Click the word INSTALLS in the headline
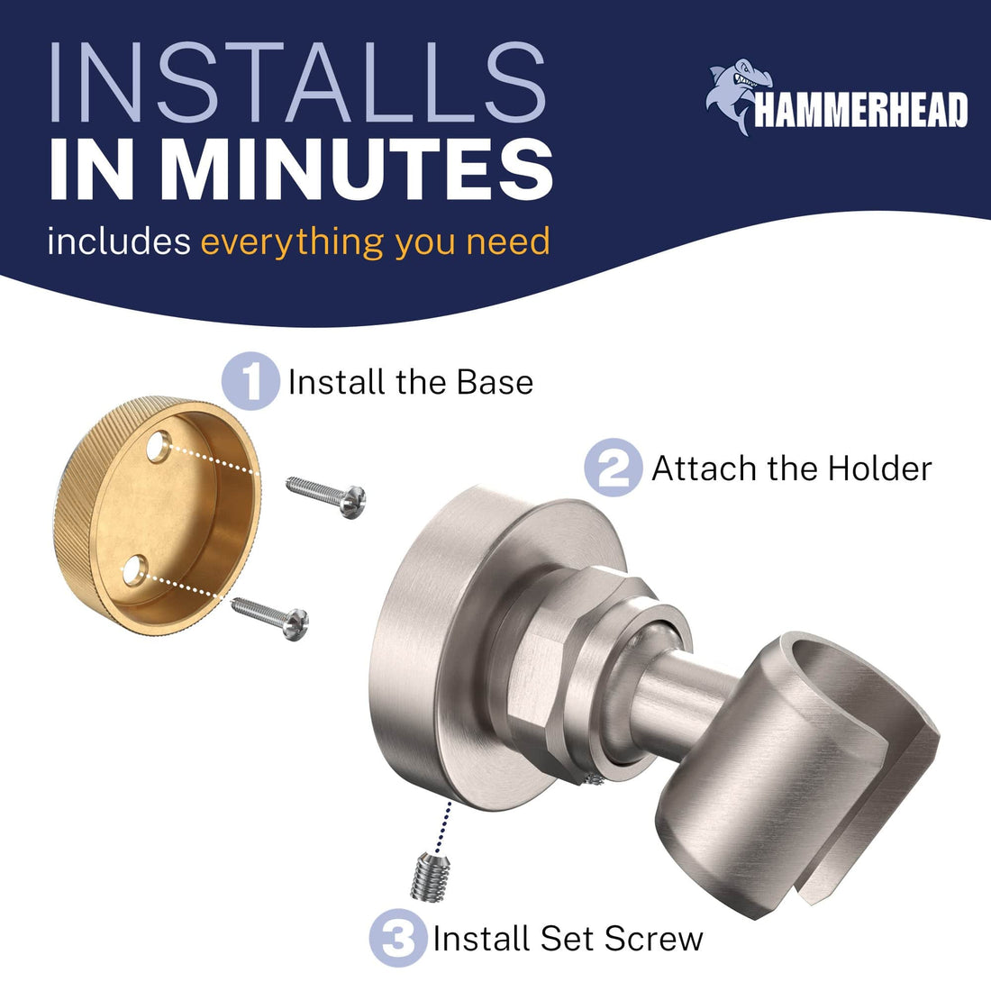[297, 82]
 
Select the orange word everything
[292, 242]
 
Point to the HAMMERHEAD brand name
[860, 110]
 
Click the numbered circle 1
[251, 381]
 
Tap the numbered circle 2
[613, 468]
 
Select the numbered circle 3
[399, 938]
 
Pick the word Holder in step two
[880, 469]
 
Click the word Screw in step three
[653, 939]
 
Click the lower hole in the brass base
[134, 570]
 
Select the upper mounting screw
[325, 496]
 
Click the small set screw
[431, 877]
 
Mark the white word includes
[119, 241]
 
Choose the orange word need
[508, 242]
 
